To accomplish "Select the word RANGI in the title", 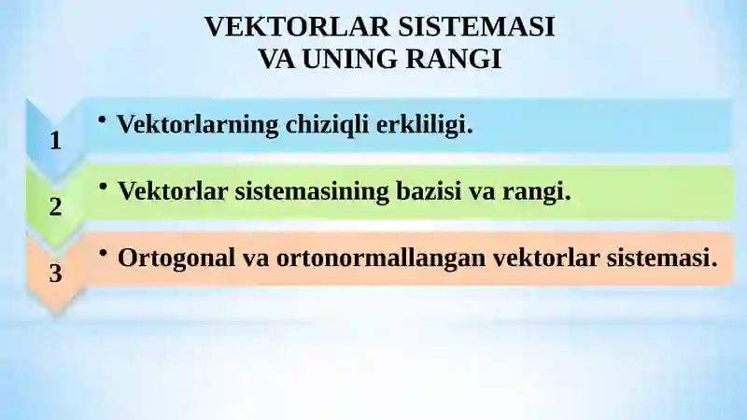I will [455, 59].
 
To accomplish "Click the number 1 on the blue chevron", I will [55, 141].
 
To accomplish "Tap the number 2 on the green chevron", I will [55, 207].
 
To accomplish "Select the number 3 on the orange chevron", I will [55, 273].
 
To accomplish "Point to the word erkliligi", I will [425, 125].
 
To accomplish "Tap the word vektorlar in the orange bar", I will [543, 258].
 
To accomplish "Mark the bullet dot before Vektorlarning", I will [102, 120].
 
